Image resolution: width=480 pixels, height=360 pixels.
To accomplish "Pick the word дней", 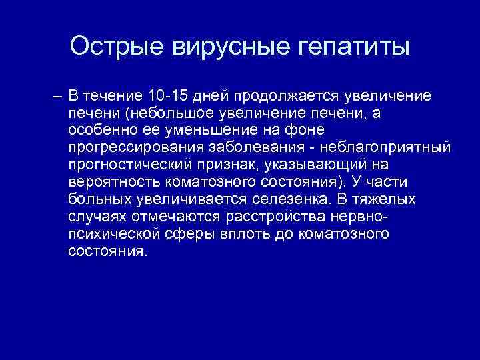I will pos(231,97).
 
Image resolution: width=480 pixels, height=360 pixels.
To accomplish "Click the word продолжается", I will pos(306,97).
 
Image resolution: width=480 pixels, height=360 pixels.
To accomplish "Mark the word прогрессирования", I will pos(131,148).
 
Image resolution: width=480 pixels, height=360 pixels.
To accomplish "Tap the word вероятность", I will pos(108,183).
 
